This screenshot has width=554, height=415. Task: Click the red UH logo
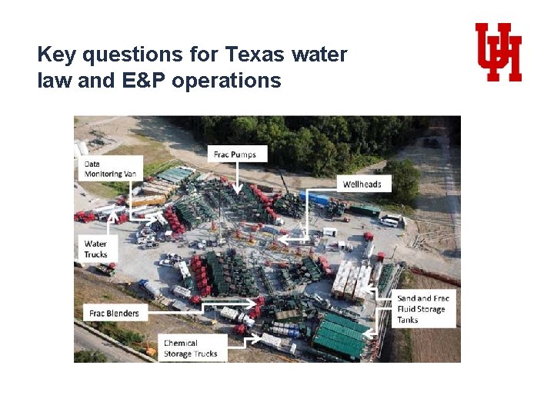pyautogui.click(x=498, y=51)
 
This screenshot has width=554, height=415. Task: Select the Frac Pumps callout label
pyautogui.click(x=235, y=154)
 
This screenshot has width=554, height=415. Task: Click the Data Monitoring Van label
pyautogui.click(x=110, y=169)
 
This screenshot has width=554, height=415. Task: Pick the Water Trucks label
pyautogui.click(x=96, y=249)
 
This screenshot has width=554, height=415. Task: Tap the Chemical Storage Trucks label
pyautogui.click(x=191, y=348)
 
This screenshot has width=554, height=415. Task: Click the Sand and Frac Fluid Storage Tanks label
pyautogui.click(x=422, y=308)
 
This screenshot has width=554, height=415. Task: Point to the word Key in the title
pyautogui.click(x=55, y=55)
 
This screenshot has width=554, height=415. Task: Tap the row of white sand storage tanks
pyautogui.click(x=353, y=280)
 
